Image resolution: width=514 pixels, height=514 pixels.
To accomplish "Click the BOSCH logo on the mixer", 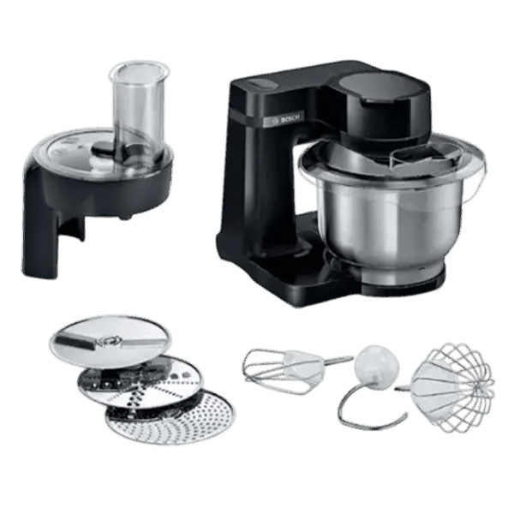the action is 285,120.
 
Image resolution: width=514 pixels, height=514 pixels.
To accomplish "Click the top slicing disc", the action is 111,341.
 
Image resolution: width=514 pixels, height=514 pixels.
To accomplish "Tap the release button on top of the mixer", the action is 261,84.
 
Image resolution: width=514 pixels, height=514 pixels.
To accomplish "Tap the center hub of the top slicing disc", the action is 109,341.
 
